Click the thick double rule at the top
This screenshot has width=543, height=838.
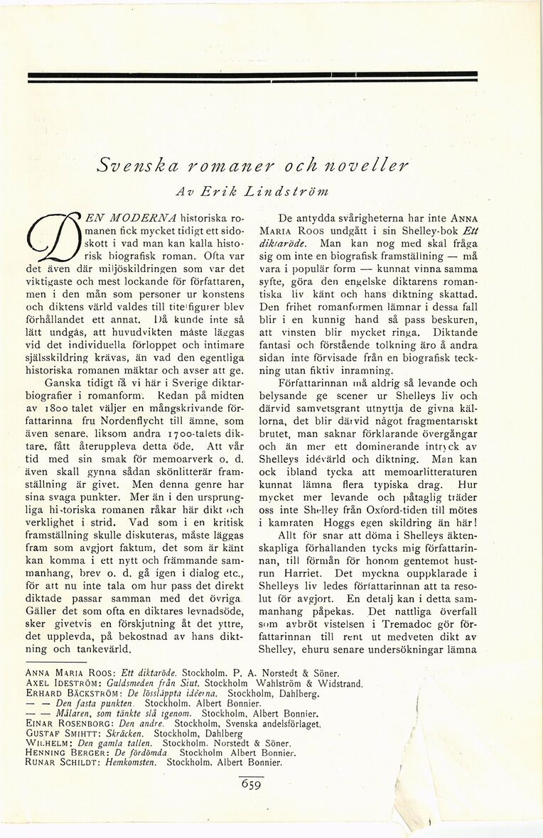[x=252, y=76]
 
